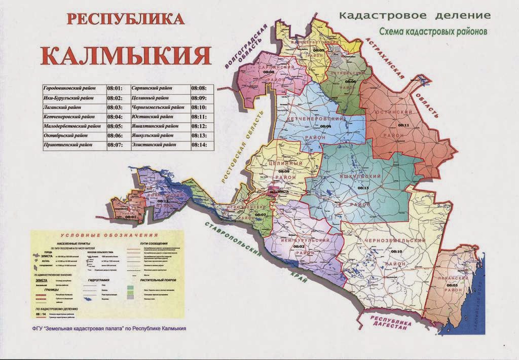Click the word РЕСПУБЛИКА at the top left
pos(125,19)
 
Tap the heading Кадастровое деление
pos(415,15)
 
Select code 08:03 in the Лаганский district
pos(453,285)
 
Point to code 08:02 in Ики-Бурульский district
pos(298,246)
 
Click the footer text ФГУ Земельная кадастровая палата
pos(105,328)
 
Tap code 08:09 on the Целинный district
pos(270,171)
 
